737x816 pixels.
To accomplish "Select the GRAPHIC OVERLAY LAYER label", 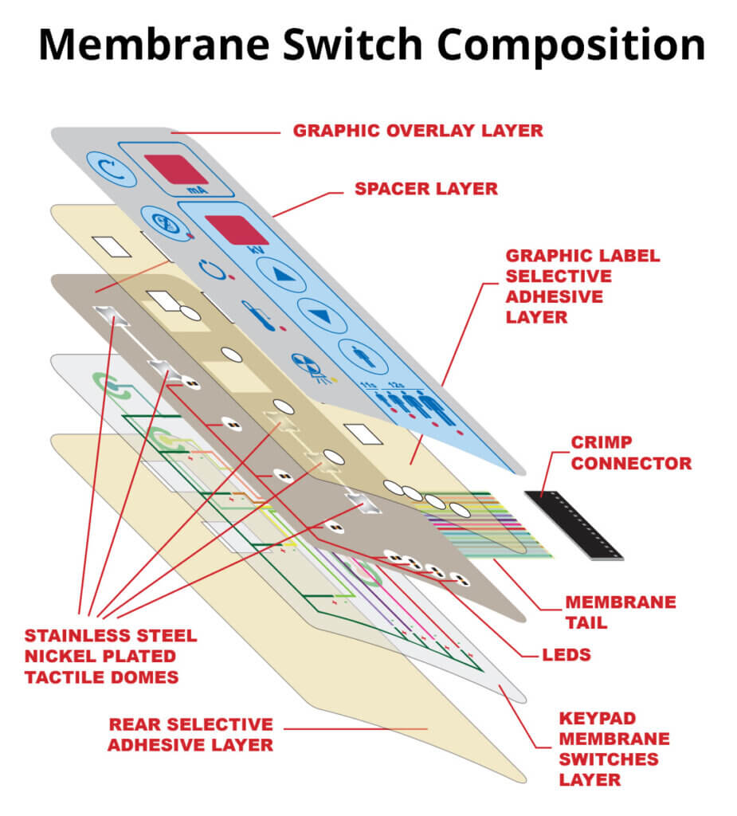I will tap(418, 131).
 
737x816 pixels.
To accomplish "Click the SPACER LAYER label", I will tap(425, 189).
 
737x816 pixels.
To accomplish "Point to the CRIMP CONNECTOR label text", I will tap(630, 452).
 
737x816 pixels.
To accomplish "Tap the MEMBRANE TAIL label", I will tap(620, 612).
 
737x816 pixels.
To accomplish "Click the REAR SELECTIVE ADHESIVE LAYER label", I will tap(190, 735).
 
